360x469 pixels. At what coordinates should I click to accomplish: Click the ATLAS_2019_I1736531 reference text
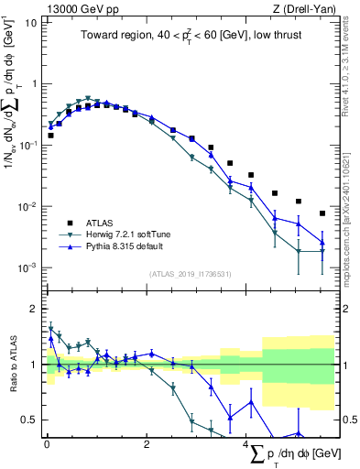coord(190,274)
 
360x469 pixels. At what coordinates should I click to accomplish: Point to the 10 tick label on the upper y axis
coord(30,21)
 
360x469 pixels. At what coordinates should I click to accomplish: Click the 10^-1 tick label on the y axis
coord(27,145)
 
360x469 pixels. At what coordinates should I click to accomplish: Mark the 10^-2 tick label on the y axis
coord(27,206)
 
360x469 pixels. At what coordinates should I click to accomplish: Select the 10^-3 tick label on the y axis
coord(27,267)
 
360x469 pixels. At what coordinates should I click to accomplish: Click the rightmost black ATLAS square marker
coord(322,213)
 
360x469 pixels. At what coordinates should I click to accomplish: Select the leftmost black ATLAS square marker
coord(50,135)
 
